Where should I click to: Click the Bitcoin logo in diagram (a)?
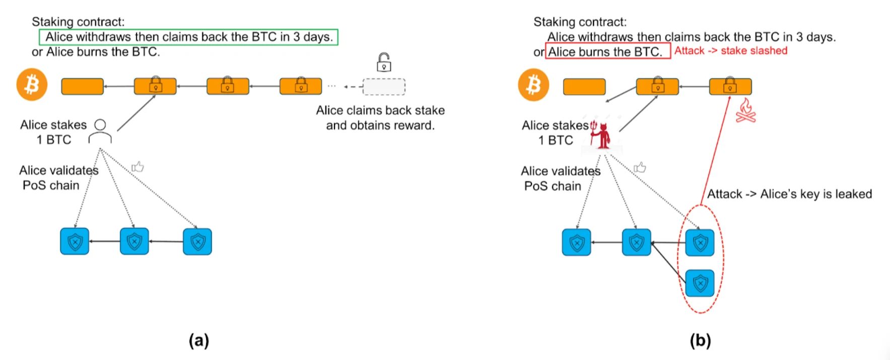pyautogui.click(x=32, y=85)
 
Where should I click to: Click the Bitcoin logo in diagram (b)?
pyautogui.click(x=533, y=85)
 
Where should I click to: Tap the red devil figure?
pyautogui.click(x=600, y=134)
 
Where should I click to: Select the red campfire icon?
pyautogui.click(x=746, y=111)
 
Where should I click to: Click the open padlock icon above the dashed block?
pyautogui.click(x=384, y=62)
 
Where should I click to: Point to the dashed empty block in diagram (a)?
pyautogui.click(x=384, y=87)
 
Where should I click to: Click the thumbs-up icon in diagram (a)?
pyautogui.click(x=138, y=167)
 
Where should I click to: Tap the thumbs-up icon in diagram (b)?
pyautogui.click(x=640, y=167)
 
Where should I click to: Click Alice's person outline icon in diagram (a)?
pyautogui.click(x=100, y=132)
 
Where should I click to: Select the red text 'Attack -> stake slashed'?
pyautogui.click(x=730, y=51)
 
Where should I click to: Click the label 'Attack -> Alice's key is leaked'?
pyautogui.click(x=789, y=194)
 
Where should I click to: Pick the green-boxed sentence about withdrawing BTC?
pyautogui.click(x=189, y=37)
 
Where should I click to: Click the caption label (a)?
pyautogui.click(x=199, y=340)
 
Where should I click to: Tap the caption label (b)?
pyautogui.click(x=700, y=340)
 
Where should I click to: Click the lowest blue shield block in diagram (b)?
pyautogui.click(x=700, y=283)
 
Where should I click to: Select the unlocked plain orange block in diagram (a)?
pyautogui.click(x=83, y=87)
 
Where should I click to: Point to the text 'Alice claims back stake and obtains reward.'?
pyautogui.click(x=380, y=118)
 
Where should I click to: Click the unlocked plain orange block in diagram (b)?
pyautogui.click(x=584, y=87)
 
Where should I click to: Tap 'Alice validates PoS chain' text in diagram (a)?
pyautogui.click(x=58, y=178)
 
